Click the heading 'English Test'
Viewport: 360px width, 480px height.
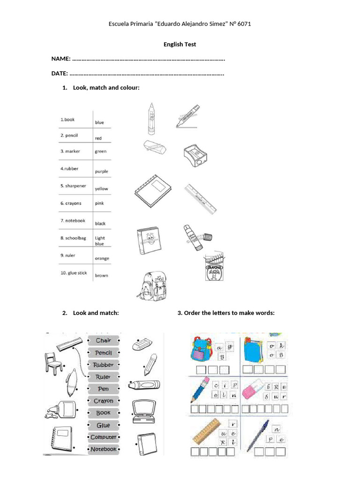coord(180,45)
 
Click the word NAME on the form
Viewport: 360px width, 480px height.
coord(61,59)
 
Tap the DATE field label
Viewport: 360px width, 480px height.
coord(60,74)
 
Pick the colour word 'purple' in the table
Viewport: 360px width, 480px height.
coord(101,172)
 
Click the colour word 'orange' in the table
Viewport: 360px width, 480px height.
coord(102,258)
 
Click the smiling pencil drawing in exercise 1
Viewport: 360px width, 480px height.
coord(151,119)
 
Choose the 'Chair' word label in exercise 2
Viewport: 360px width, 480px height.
coord(103,340)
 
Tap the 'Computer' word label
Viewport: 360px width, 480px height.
coord(103,437)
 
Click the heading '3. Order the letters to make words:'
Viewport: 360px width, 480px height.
coord(226,313)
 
